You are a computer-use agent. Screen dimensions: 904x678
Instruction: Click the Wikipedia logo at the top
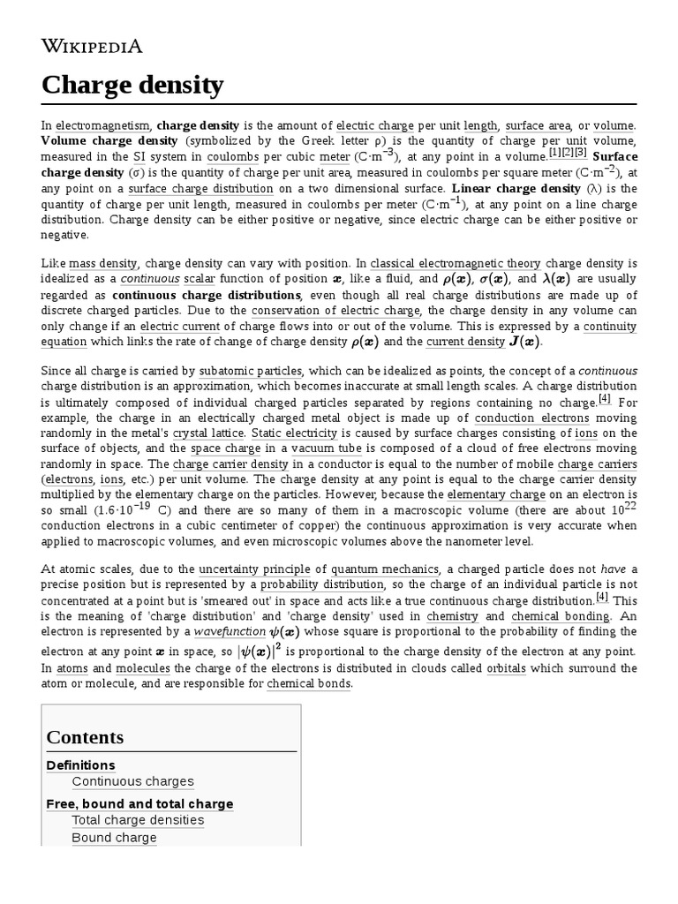tap(92, 47)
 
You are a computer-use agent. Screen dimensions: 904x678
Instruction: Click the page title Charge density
tap(132, 87)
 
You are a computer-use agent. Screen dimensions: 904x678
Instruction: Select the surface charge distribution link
tap(200, 189)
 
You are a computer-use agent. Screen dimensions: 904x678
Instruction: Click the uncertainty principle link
tap(250, 569)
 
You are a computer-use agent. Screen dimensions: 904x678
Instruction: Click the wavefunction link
tap(230, 632)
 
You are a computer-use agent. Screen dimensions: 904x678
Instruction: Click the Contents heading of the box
tap(85, 737)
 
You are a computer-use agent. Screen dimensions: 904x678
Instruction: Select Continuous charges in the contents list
tap(133, 781)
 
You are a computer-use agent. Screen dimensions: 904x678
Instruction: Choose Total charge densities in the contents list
tap(138, 820)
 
